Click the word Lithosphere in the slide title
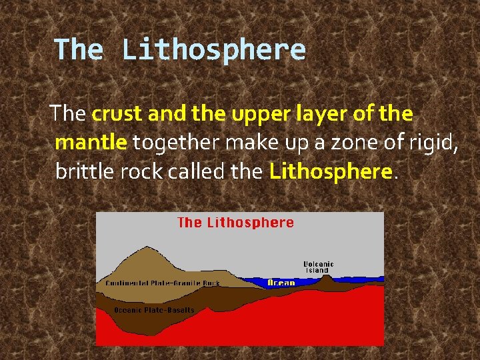click(x=213, y=51)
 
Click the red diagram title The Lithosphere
click(x=235, y=223)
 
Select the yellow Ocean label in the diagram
click(x=281, y=283)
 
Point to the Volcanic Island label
click(x=319, y=267)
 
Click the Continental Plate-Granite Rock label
click(x=163, y=283)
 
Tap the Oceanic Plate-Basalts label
click(x=154, y=310)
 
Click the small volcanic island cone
click(x=327, y=281)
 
